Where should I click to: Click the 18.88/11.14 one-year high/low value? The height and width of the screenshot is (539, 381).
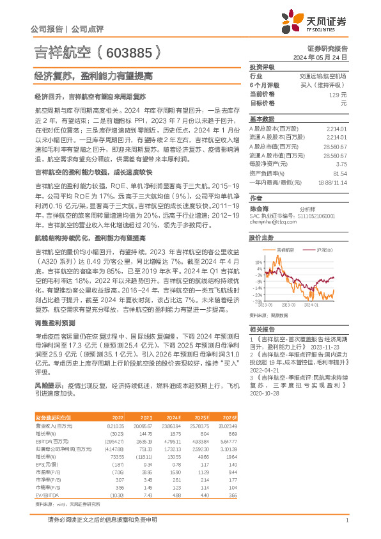coord(332,182)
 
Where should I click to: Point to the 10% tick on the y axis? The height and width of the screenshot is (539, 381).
coord(257,262)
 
